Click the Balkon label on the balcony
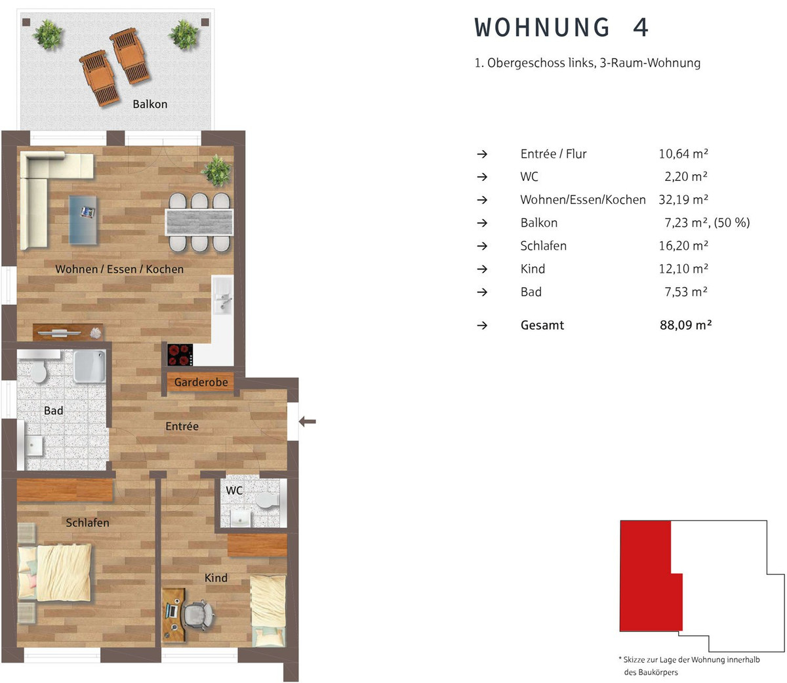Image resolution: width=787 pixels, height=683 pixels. coord(150,104)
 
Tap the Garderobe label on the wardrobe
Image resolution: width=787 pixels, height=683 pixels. coord(201,382)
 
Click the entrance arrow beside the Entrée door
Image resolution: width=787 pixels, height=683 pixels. coord(308,421)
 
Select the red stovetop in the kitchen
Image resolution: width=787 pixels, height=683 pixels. coord(180,355)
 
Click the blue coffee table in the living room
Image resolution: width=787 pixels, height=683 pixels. coord(83,220)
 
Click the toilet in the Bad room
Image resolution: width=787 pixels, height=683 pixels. coord(39,371)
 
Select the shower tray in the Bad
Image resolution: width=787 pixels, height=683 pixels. coord(90,366)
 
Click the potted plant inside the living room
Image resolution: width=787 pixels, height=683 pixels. coord(217,170)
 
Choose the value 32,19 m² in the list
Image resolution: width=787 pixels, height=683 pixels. coord(683,199)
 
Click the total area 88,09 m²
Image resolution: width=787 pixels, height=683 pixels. coord(685,325)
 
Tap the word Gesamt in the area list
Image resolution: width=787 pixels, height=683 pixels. coord(542,325)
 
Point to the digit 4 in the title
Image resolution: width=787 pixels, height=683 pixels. coord(641,28)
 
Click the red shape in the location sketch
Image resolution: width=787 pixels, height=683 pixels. coord(645,577)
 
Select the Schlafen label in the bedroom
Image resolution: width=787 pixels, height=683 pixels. coord(87,522)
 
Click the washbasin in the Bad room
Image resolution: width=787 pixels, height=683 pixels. coord(34,446)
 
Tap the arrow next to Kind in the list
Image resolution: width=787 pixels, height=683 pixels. coord(482,269)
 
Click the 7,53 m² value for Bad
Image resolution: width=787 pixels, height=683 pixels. coord(686,292)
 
